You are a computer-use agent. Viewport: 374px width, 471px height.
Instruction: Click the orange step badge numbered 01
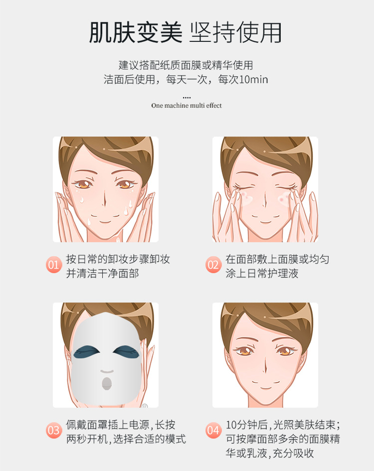[x=54, y=265]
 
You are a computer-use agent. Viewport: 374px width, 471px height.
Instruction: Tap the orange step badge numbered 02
[x=213, y=265]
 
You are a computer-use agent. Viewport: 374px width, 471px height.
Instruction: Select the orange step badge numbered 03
[x=54, y=430]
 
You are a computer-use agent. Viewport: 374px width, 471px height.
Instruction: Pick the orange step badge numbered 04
[x=213, y=430]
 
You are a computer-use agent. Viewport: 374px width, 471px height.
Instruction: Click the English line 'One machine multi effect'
[x=187, y=106]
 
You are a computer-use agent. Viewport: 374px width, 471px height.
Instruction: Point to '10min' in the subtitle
[x=253, y=80]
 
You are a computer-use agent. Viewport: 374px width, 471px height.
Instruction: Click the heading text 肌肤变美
[x=136, y=32]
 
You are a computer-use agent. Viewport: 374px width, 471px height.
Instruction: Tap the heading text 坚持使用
[x=235, y=32]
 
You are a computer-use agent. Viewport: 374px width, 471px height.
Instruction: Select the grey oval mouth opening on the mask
[x=107, y=384]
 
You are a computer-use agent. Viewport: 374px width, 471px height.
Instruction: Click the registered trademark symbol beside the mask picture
[x=144, y=406]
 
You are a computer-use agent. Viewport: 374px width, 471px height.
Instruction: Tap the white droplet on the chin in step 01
[x=89, y=222]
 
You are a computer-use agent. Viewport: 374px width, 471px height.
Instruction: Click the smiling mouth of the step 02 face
[x=265, y=222]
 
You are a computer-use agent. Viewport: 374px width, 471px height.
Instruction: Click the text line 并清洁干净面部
[x=103, y=273]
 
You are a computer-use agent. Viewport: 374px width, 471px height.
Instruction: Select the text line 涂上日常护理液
[x=262, y=273]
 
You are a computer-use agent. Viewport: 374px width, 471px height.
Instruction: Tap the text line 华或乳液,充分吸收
[x=270, y=453]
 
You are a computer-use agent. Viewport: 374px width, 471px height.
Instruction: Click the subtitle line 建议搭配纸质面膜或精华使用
[x=186, y=65]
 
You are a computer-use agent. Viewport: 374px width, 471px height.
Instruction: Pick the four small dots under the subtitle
[x=187, y=98]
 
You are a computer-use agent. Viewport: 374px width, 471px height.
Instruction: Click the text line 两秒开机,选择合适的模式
[x=126, y=439]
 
